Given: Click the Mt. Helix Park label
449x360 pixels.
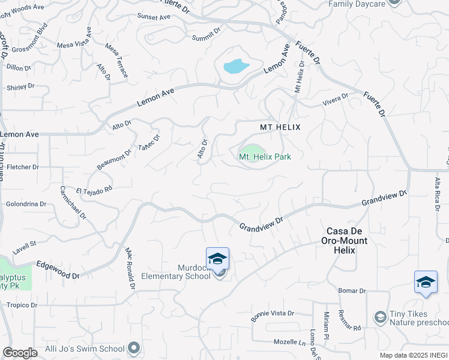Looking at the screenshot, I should tap(265, 157).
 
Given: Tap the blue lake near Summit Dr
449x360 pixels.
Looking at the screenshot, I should tap(236, 65).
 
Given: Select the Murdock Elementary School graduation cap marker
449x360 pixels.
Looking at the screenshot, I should tap(217, 259).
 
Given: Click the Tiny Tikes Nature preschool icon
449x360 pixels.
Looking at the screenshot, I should tap(379, 316).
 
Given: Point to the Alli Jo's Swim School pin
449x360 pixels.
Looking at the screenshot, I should tap(133, 348).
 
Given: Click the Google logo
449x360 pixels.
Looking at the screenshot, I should tap(20, 353).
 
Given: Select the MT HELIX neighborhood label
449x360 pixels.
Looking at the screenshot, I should tap(280, 127).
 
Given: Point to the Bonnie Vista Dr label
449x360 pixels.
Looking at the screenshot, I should tap(272, 316).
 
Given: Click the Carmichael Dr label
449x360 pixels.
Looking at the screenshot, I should tap(73, 202).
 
